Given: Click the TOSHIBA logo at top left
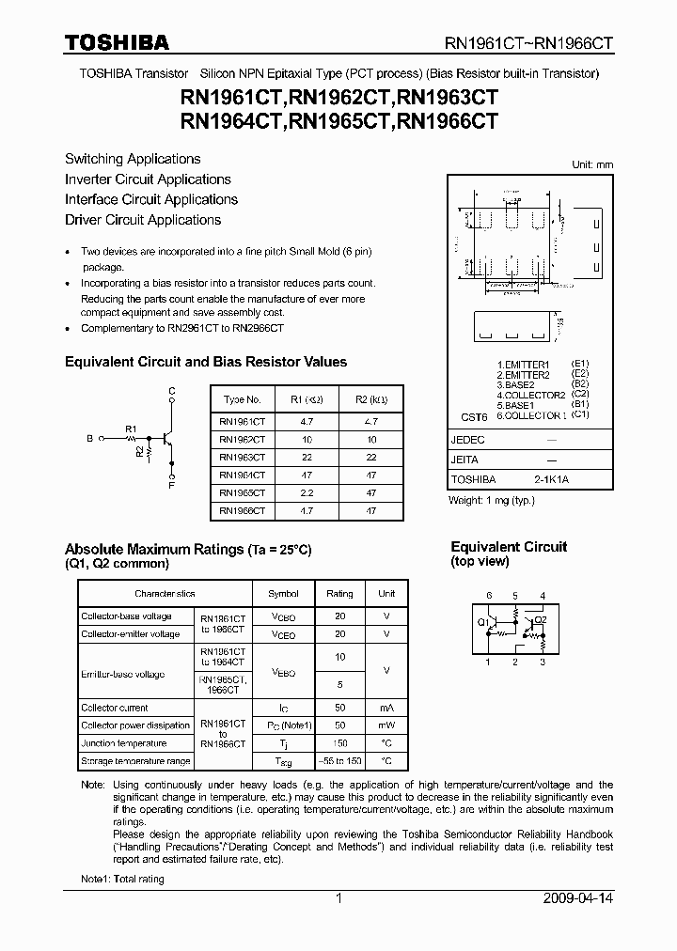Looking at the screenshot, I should tap(117, 42).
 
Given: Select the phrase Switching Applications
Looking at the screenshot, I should tap(133, 159).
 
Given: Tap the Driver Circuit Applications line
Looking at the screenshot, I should tap(143, 220).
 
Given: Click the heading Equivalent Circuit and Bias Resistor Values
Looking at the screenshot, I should tap(205, 362).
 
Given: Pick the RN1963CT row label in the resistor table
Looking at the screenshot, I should tap(242, 456).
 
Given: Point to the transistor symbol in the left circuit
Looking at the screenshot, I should tap(167, 437).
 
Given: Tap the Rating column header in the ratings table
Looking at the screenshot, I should tap(339, 594).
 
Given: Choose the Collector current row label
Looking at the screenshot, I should tap(114, 708).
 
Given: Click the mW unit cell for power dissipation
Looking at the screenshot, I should tap(386, 725).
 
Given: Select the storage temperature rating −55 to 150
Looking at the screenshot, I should tap(339, 761).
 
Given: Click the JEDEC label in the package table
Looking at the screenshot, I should tap(468, 440).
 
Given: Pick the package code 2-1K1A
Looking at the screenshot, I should tap(551, 479).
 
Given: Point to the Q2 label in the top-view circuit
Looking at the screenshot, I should tap(540, 620).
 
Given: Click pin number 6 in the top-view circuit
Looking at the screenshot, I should tap(488, 596).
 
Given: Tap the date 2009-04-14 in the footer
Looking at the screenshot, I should tap(577, 898).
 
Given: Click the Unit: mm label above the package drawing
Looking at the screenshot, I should tap(592, 164).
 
